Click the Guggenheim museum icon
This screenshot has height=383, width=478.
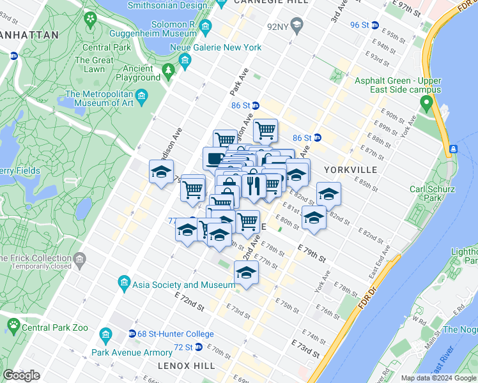pos(205,27)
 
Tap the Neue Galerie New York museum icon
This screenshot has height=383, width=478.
pos(185,61)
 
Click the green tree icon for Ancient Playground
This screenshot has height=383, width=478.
pos(169,70)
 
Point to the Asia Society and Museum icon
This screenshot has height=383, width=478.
pos(124,282)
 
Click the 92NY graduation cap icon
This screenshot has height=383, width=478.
pos(295,26)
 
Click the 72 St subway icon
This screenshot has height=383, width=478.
pos(199,347)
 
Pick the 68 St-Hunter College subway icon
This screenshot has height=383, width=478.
pos(132,333)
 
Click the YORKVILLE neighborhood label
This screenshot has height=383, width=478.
pos(350,170)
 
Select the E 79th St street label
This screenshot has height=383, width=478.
pos(312,253)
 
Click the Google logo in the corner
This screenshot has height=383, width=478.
pos(21,375)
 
